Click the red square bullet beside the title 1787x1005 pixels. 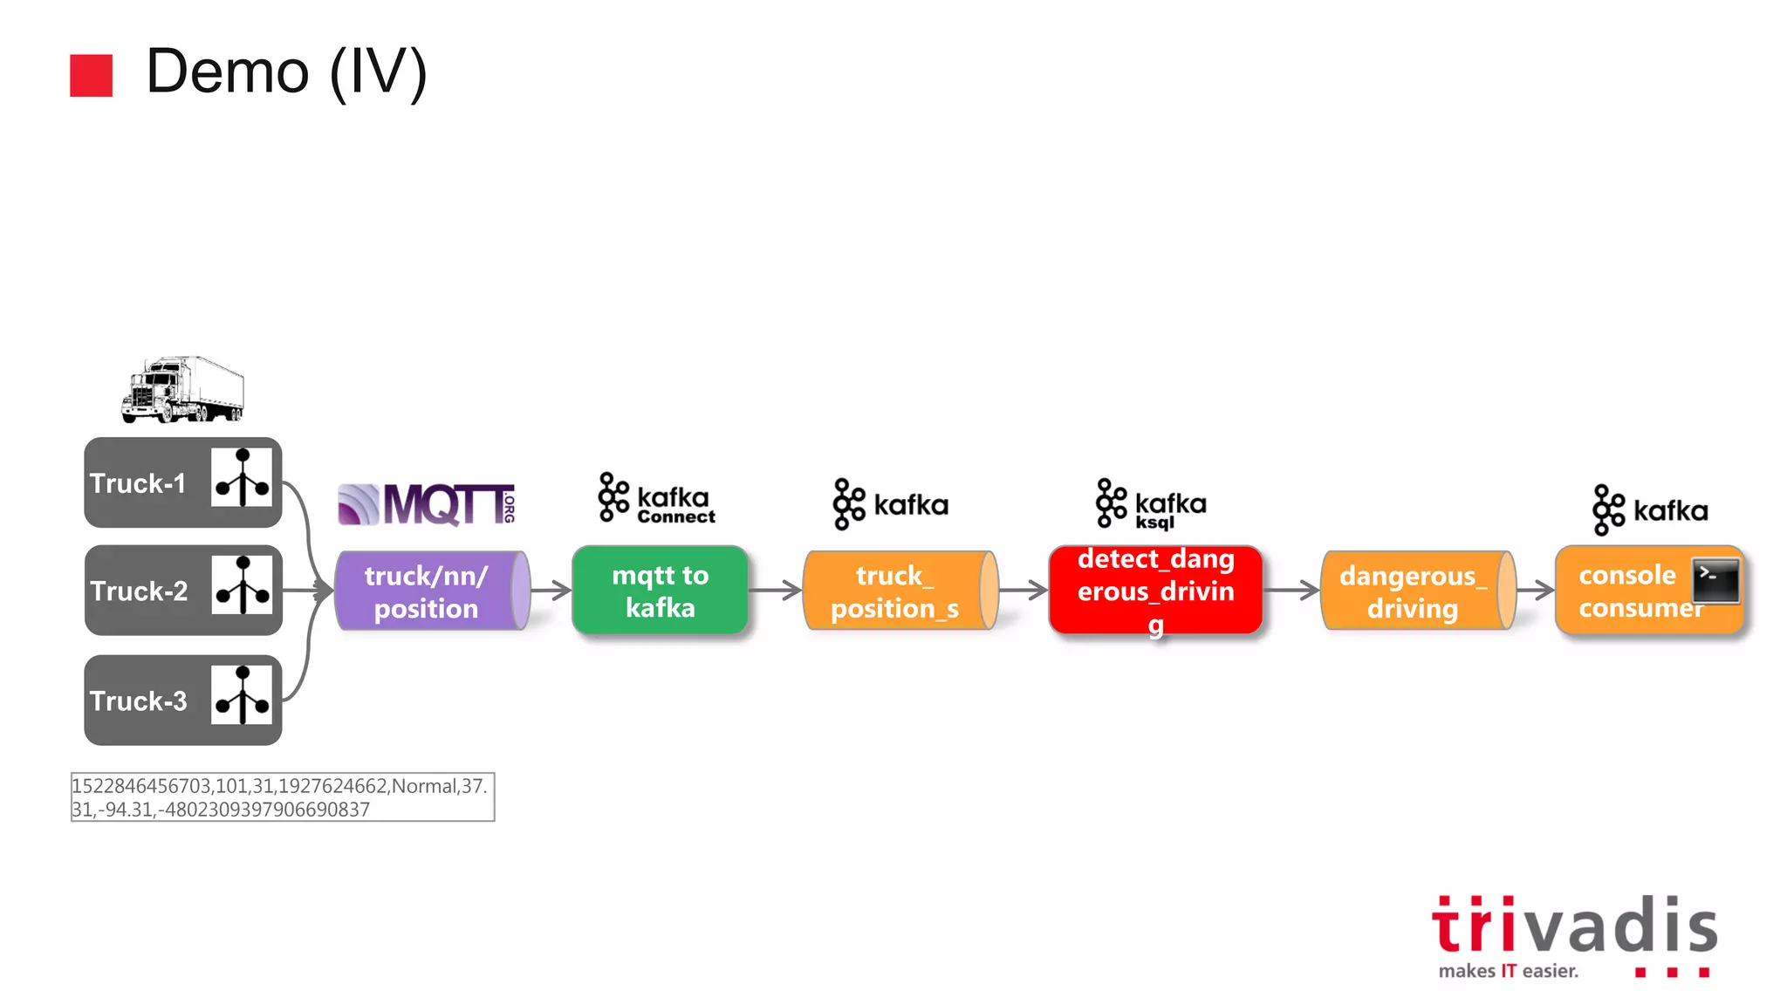(x=91, y=75)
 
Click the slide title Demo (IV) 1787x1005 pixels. (x=286, y=72)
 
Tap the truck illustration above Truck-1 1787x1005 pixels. (x=182, y=389)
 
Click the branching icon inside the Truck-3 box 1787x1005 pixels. (x=242, y=695)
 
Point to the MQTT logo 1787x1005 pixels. (x=426, y=504)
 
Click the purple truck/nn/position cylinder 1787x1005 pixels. (x=430, y=591)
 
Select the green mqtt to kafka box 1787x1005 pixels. (x=660, y=591)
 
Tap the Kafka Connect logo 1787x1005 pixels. (x=656, y=498)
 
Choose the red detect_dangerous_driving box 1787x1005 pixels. (x=1155, y=591)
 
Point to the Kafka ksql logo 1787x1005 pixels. (x=1151, y=503)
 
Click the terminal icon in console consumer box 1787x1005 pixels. (x=1715, y=581)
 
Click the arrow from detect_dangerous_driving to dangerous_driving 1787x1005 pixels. (x=1291, y=591)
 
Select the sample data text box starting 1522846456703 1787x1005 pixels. (x=283, y=796)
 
